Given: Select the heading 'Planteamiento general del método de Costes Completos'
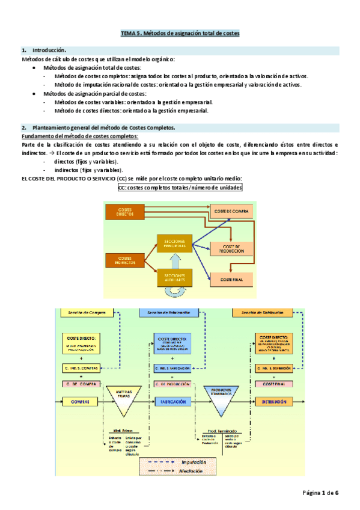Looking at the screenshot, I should tap(103, 127).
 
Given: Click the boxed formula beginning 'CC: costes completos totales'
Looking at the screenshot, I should tap(180, 188).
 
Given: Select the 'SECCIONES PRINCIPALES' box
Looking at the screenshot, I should tap(174, 244).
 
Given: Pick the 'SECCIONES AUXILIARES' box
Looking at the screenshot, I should tap(174, 277).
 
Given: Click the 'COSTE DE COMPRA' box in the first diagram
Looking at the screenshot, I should tap(231, 210).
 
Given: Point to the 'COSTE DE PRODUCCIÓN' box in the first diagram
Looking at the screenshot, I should tap(231, 248).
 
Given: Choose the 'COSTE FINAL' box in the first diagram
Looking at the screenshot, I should tap(231, 280).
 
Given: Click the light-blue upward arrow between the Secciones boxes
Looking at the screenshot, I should tap(174, 260).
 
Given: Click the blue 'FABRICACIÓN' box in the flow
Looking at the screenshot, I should tap(172, 401).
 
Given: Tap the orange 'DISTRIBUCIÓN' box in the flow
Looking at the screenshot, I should tap(276, 401).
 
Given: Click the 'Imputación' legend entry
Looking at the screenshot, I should tap(194, 462).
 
